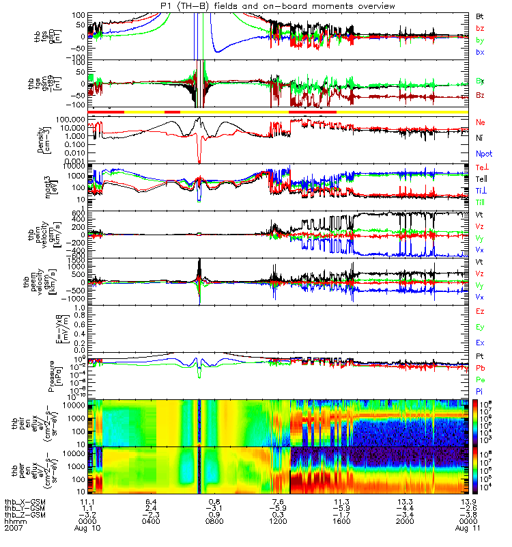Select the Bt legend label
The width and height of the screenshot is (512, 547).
[481, 15]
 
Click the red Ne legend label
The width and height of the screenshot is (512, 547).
[481, 122]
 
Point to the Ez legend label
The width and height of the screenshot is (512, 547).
[481, 311]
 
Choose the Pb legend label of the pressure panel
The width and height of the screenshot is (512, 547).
[481, 368]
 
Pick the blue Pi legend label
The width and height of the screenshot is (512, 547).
[480, 390]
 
